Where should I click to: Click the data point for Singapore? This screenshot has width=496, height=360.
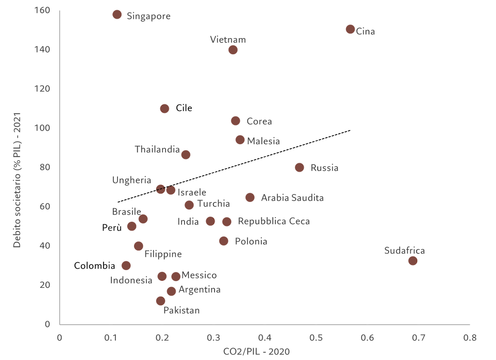pos(118,14)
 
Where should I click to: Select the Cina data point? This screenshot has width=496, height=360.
pos(350,29)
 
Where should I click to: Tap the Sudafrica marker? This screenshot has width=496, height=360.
pos(412,261)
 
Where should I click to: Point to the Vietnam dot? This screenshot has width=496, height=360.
pos(233,50)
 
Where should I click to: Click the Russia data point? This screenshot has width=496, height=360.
pos(300,167)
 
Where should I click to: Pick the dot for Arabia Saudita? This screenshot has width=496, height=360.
pos(250,197)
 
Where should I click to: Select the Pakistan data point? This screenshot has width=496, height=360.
pos(160,301)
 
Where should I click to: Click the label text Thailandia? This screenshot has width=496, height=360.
pos(157,149)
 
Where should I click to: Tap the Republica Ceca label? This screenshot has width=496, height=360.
pos(274,221)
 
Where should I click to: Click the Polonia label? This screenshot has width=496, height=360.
pos(251,242)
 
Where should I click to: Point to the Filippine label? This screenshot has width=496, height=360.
pos(163,254)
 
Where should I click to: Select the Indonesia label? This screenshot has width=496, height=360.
pos(131,280)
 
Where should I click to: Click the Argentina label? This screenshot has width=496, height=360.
pos(199,290)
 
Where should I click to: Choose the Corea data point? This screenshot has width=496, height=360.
pos(235,121)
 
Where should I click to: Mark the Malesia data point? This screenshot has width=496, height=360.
pos(240,140)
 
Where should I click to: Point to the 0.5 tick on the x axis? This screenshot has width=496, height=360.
pos(316,338)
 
